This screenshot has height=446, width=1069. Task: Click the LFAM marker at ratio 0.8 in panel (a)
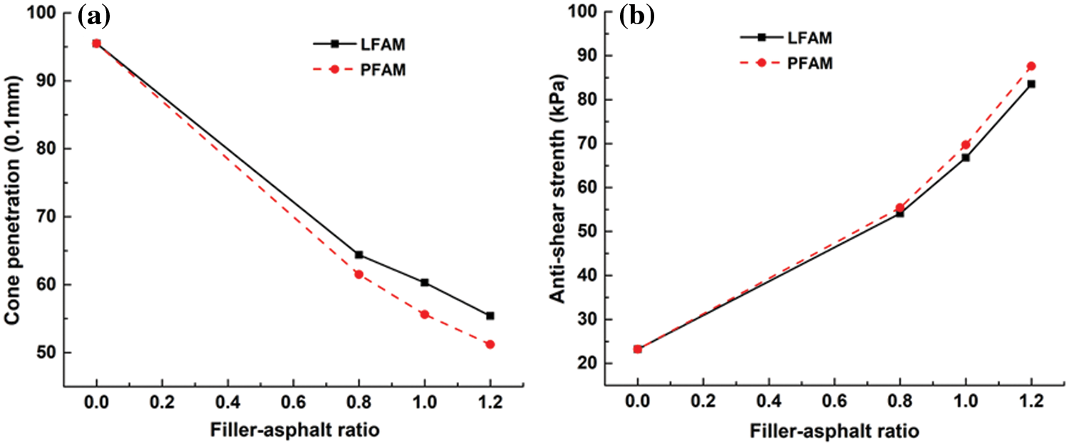[358, 254]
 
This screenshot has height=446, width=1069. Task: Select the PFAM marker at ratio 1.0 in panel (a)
[425, 314]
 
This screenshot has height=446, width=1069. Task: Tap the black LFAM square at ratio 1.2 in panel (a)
[490, 316]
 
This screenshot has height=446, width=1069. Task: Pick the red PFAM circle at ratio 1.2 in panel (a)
[490, 344]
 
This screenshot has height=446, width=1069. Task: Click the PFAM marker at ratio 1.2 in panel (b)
[1031, 66]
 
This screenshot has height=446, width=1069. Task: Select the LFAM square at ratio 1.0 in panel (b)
[965, 157]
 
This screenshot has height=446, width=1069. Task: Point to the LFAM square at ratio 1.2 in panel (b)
[1031, 84]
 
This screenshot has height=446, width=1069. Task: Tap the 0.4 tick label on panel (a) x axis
[228, 403]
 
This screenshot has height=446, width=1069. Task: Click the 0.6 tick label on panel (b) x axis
[834, 403]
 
